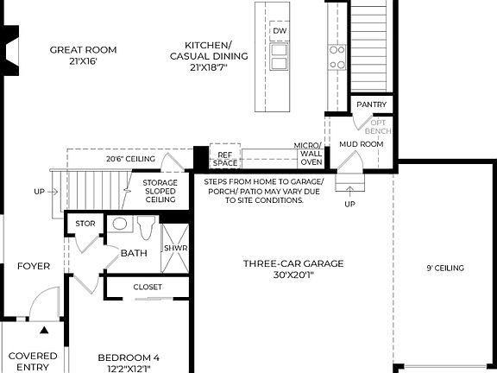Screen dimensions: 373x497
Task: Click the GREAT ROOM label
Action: [x=83, y=55]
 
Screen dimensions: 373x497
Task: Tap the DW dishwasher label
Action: [x=280, y=32]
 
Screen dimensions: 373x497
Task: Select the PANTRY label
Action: [x=373, y=104]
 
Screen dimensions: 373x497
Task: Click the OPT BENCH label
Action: [x=381, y=127]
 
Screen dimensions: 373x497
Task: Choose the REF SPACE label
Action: [x=225, y=158]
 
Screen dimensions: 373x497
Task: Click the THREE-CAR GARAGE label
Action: [x=293, y=269]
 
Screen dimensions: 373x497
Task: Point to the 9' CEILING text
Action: [x=444, y=269]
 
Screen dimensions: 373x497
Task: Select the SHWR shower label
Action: [x=175, y=249]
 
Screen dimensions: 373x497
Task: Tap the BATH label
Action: [x=134, y=253]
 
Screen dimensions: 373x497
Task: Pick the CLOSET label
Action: [x=148, y=287]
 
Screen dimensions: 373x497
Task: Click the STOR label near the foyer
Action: [x=85, y=224]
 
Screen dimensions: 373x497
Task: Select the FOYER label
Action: [x=34, y=266]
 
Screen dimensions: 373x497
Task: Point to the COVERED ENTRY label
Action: [x=33, y=361]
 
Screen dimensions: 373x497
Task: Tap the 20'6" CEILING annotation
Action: [x=130, y=160]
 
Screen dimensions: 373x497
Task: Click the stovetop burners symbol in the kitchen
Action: [x=337, y=56]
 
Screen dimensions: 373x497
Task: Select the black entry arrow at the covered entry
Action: [x=44, y=329]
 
